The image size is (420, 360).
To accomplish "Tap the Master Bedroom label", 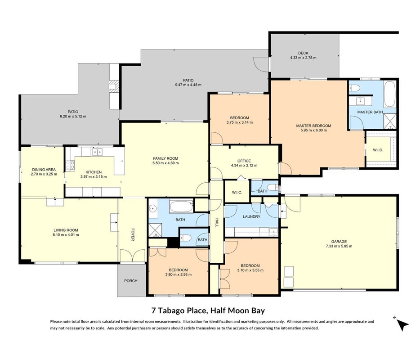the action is click(x=313, y=126).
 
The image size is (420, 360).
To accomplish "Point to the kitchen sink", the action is click(x=97, y=152).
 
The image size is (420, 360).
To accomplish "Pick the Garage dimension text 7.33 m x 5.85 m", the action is click(x=339, y=246).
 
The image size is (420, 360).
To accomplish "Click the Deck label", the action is click(x=303, y=53).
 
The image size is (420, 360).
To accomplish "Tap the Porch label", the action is click(x=131, y=281).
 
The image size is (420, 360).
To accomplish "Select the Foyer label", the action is click(x=133, y=234).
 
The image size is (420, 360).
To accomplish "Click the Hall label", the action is click(x=217, y=223).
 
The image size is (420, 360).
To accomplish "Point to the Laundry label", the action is click(x=251, y=216).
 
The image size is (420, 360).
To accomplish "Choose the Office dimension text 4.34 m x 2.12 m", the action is click(x=244, y=166).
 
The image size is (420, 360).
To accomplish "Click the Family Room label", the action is click(x=165, y=158).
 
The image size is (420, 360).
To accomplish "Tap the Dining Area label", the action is click(x=44, y=170).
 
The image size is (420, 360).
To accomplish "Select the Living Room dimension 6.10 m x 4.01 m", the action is click(x=66, y=235).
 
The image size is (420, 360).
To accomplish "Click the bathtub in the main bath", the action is click(x=181, y=207).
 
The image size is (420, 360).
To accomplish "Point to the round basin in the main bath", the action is click(x=153, y=208).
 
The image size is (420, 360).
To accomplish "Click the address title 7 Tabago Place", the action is click(x=179, y=310).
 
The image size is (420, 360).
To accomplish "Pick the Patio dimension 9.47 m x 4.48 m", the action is click(x=188, y=85).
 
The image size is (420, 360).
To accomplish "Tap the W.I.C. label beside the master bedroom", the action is click(x=378, y=150).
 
